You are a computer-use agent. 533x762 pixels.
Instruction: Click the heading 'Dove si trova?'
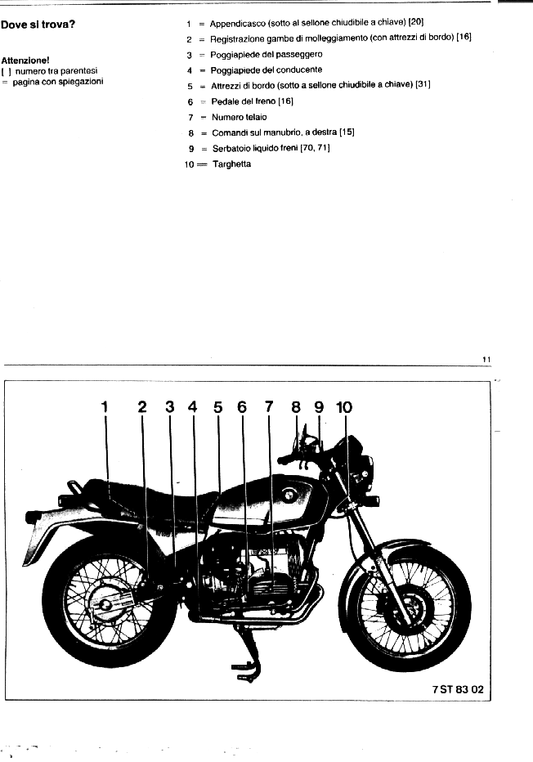(x=38, y=25)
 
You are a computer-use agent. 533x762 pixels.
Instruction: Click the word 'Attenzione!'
(x=25, y=61)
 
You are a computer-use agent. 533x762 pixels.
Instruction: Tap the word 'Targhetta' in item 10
(x=232, y=164)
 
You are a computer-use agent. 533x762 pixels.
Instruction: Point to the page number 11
(x=486, y=360)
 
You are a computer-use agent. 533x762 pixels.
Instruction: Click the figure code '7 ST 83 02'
(x=458, y=689)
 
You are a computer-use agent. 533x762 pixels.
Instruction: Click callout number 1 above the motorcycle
(x=105, y=406)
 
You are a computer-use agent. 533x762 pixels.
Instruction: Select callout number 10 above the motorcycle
(x=344, y=407)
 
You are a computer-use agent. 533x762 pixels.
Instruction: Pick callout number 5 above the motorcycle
(x=217, y=407)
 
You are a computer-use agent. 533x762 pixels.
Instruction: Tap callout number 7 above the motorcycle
(x=269, y=406)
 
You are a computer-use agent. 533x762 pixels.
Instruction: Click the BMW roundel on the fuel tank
(x=289, y=495)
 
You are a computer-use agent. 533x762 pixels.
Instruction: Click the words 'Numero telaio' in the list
(x=239, y=117)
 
